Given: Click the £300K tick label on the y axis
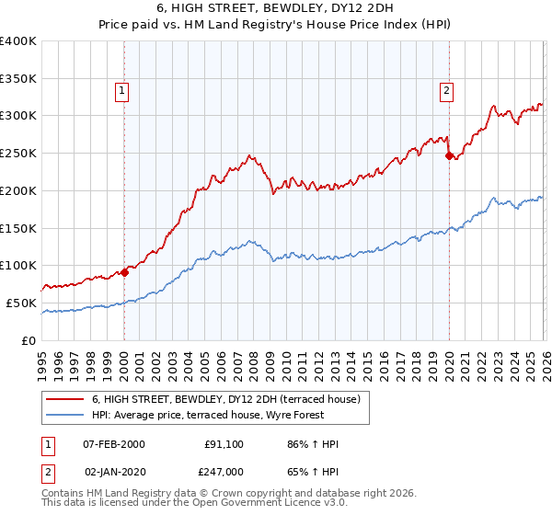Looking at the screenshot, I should coord(17,116).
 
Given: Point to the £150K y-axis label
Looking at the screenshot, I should coord(17,228).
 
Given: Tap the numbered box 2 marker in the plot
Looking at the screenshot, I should coord(446,90).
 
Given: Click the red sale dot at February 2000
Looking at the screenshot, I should coord(125,272).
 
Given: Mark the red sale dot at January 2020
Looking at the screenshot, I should coord(449,156).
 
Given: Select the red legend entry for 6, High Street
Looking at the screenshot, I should coord(230,398).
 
